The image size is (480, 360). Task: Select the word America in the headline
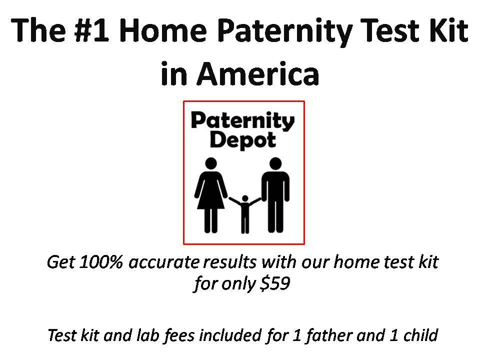(258, 74)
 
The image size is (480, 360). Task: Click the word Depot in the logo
(243, 140)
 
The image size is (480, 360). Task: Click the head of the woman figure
(210, 163)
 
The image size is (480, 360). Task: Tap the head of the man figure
(275, 163)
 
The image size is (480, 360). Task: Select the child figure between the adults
(245, 214)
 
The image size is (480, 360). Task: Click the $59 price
(274, 283)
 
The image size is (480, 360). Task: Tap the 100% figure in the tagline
(101, 262)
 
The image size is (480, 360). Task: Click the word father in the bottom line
(329, 335)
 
